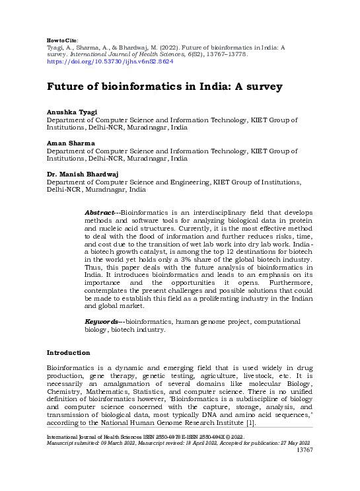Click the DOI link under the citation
tap(110, 61)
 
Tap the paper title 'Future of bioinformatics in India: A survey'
tap(155, 87)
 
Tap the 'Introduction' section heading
tap(68, 353)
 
